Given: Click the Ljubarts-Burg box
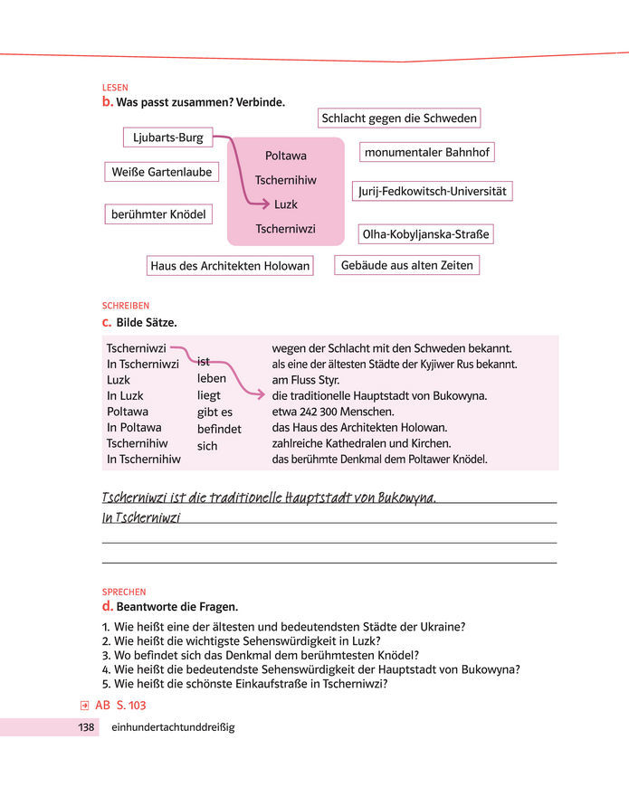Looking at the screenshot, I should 168,137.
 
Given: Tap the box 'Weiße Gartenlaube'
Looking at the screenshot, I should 162,171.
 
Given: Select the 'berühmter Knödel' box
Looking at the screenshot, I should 158,214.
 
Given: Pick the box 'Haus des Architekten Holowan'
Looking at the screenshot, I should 230,265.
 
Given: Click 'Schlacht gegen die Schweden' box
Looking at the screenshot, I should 399,118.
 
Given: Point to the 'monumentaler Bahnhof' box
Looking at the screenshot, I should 427,152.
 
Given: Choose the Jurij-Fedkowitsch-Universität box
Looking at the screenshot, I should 432,192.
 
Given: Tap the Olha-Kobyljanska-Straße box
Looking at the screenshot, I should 425,235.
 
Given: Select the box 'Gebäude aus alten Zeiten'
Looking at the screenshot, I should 406,265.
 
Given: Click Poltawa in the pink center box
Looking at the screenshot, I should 286,156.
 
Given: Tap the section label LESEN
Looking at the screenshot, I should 115,88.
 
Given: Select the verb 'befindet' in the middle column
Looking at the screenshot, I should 219,429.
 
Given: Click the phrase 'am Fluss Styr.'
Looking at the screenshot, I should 305,380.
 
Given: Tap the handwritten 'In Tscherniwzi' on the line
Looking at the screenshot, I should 141,517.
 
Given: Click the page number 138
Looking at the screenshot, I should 87,726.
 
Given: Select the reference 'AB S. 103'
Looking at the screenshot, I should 119,705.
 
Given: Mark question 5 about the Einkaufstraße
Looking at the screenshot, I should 244,684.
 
